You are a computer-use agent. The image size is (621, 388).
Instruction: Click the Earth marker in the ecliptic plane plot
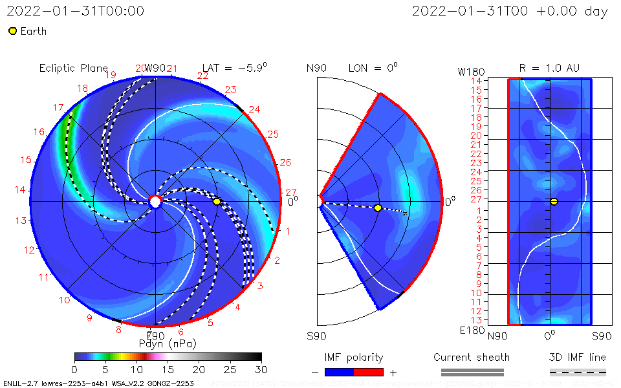coord(217,202)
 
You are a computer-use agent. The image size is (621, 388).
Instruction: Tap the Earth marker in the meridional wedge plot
coord(378,208)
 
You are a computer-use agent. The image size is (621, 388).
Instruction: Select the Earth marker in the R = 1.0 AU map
coord(554,202)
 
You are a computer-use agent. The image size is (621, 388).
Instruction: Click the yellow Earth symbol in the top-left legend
coord(12,31)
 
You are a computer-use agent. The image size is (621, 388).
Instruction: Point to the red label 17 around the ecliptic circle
coord(58,108)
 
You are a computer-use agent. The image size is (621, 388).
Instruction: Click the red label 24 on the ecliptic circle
coord(254,110)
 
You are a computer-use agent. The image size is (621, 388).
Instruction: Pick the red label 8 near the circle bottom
coord(118,330)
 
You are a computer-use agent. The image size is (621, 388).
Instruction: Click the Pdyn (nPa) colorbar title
coord(168,343)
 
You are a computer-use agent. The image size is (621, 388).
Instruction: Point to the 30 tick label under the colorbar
coord(261,369)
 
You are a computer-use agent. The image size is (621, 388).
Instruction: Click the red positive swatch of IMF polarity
coord(369,372)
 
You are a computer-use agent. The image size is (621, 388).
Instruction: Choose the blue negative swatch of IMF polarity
coord(339,372)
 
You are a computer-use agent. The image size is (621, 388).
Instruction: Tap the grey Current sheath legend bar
coord(472,372)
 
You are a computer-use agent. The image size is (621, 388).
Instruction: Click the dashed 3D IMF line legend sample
coord(578,372)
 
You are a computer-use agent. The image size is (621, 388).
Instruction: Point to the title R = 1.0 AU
coord(549,68)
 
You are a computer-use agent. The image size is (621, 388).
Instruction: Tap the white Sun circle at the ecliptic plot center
coord(155,202)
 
